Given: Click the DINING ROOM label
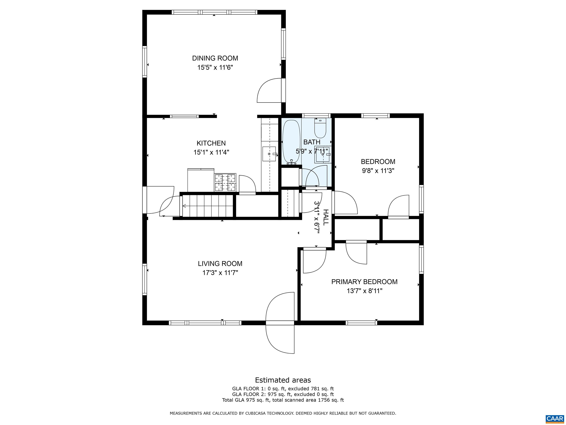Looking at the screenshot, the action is [x=215, y=58].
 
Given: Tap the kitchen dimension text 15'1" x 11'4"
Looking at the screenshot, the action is [x=211, y=152].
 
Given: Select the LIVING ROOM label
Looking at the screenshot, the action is [x=220, y=263].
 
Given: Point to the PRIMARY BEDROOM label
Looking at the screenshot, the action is [x=364, y=282].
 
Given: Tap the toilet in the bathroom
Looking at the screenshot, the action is [x=320, y=128].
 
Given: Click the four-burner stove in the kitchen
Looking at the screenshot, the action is [x=225, y=182].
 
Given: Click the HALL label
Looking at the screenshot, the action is [x=326, y=217].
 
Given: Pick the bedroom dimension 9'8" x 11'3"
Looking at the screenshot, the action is [x=378, y=171].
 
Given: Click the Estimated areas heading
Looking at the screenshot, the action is [x=283, y=380].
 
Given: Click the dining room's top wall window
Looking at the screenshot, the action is [x=214, y=12].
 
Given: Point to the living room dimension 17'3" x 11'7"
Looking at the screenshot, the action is [x=220, y=273].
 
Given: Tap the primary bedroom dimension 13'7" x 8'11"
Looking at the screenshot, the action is [x=364, y=291].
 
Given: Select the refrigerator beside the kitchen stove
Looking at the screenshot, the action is [x=201, y=180].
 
